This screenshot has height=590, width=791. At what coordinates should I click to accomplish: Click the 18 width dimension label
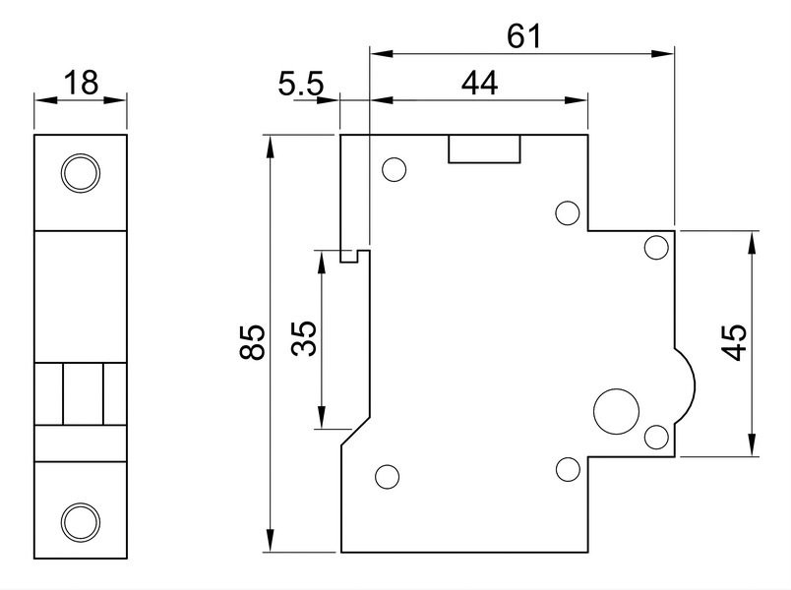[81, 84]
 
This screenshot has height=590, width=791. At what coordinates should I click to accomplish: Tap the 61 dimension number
[523, 36]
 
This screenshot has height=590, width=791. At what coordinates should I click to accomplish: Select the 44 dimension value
[479, 84]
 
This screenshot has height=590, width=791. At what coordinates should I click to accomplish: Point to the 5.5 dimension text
[301, 84]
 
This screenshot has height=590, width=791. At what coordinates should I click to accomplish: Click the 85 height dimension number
[252, 342]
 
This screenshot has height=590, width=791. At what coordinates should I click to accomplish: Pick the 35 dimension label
[304, 338]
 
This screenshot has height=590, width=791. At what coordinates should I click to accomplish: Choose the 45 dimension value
[734, 342]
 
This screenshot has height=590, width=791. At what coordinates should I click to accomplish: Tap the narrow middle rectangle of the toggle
[84, 394]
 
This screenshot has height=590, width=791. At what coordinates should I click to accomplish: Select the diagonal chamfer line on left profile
[355, 431]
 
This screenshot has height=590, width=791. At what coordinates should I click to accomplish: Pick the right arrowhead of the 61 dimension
[663, 53]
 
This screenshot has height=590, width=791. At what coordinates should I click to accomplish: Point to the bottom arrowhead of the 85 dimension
[271, 541]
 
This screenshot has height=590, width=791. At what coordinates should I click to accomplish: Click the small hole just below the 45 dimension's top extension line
[657, 248]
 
